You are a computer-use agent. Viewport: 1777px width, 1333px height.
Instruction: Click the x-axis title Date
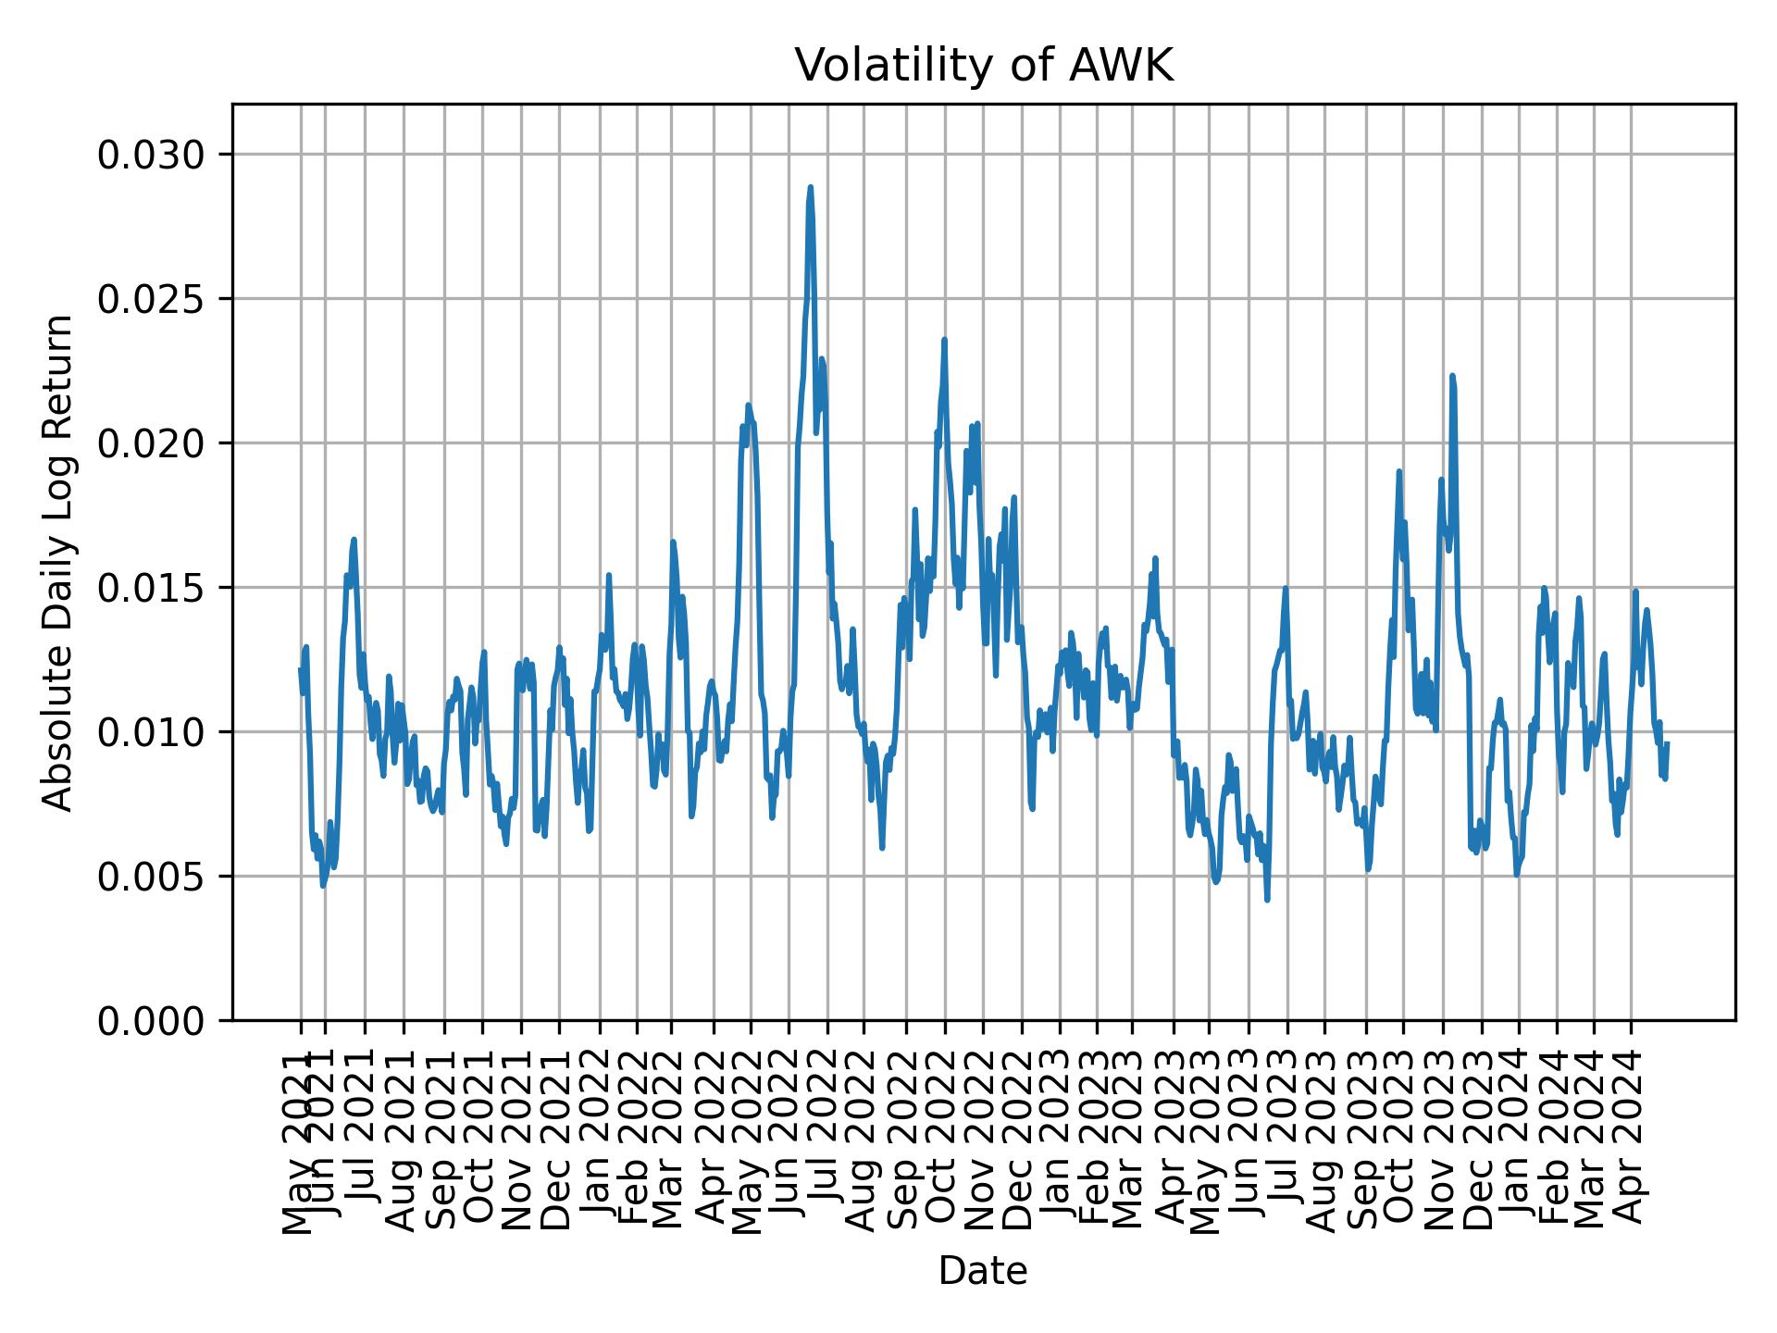pyautogui.click(x=983, y=1271)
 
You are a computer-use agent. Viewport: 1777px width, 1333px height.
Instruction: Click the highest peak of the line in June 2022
pyautogui.click(x=810, y=188)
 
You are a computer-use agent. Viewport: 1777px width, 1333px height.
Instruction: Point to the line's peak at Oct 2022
pyautogui.click(x=944, y=340)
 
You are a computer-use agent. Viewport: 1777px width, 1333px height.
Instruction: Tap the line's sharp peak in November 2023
pyautogui.click(x=1452, y=376)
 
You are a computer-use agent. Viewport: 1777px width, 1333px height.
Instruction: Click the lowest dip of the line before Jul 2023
pyautogui.click(x=1267, y=899)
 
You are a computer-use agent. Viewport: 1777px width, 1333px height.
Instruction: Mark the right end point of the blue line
pyautogui.click(x=1667, y=743)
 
